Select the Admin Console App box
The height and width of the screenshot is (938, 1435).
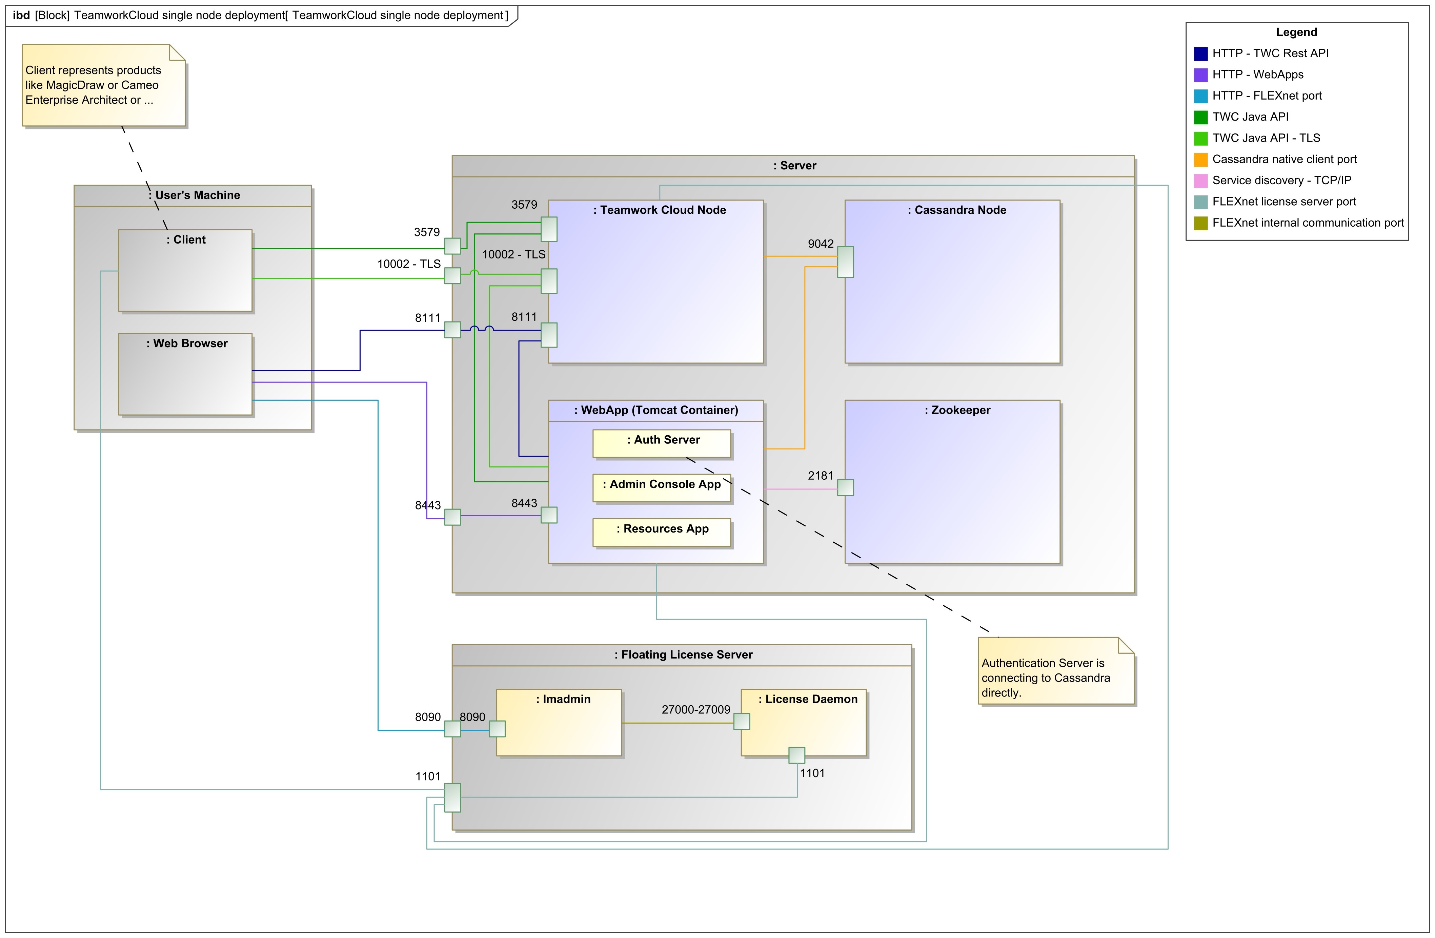point(662,488)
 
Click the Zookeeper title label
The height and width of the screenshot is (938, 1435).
point(957,410)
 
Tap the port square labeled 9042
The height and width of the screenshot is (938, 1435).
point(845,262)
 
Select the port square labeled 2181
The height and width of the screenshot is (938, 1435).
point(845,487)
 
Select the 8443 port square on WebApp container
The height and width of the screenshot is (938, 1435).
point(549,515)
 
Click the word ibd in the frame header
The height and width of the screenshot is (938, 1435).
point(21,15)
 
